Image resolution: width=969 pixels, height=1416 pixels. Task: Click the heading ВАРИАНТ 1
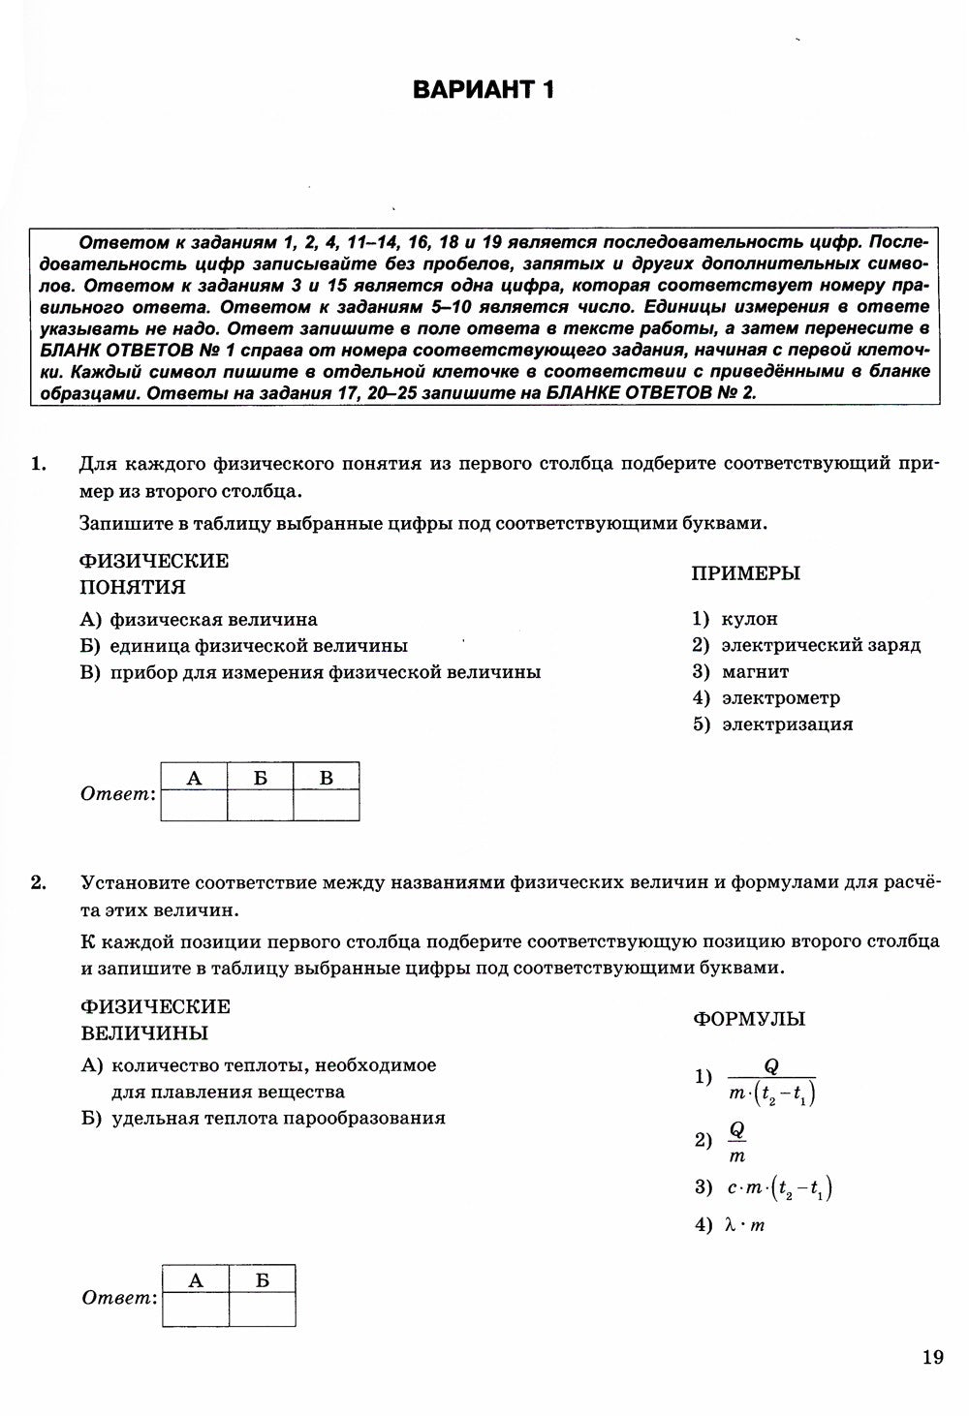[484, 90]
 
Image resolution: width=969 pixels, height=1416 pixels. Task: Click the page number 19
[933, 1357]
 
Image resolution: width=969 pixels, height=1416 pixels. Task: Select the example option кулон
[748, 619]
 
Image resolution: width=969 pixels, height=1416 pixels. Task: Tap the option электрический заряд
[820, 645]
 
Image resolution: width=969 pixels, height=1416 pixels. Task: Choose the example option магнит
[754, 671]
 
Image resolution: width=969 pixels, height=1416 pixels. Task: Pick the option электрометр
[780, 697]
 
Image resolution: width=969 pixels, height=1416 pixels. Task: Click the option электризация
[786, 723]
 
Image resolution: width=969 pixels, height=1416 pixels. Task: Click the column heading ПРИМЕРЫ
[745, 573]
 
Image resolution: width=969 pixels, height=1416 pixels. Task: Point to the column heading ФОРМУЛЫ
[749, 1019]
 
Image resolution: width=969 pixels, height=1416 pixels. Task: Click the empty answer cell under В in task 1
[326, 805]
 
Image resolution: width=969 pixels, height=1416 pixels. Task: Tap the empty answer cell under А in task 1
[194, 805]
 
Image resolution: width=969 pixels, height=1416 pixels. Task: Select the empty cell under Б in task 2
[262, 1309]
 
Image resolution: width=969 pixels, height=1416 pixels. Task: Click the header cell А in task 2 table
[196, 1280]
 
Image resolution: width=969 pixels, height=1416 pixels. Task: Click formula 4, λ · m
[743, 1225]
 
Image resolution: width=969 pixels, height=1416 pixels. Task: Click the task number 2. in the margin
[38, 882]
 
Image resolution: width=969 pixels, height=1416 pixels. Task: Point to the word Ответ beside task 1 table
[117, 794]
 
